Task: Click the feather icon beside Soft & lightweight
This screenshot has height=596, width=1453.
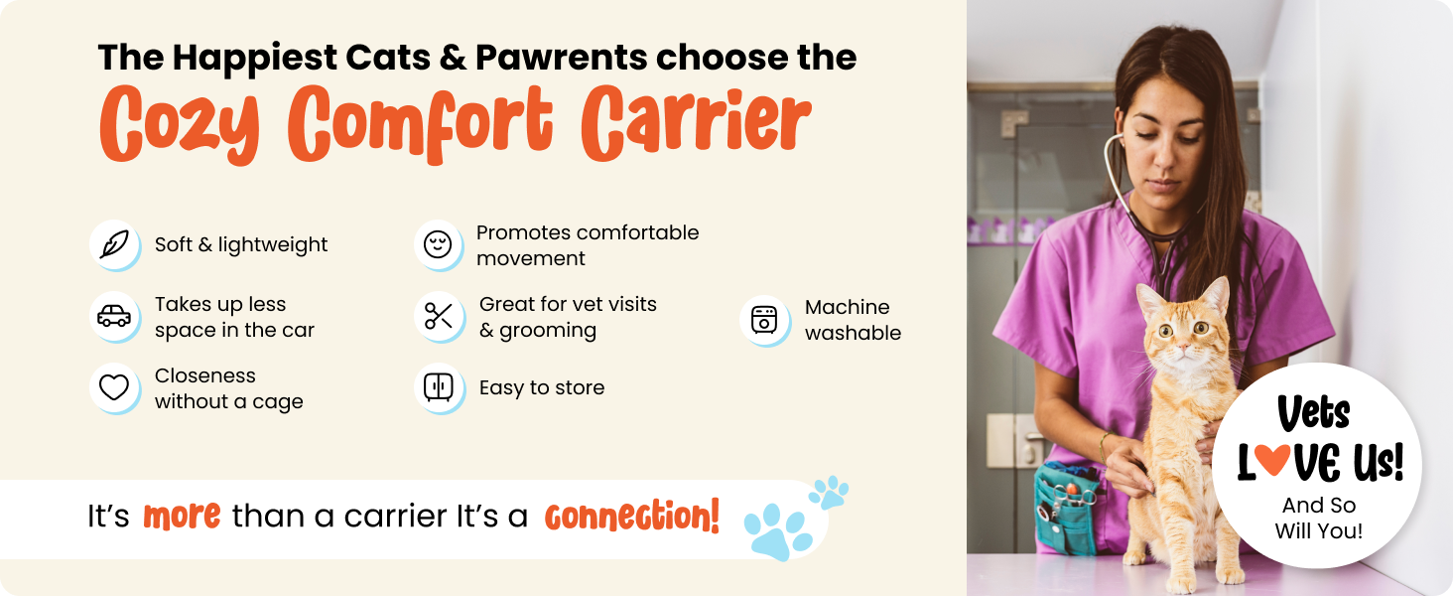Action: [x=115, y=244]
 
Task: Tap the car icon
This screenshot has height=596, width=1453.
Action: [x=115, y=317]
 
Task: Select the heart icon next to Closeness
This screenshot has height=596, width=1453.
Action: [x=115, y=388]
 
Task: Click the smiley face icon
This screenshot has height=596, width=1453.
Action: [x=438, y=244]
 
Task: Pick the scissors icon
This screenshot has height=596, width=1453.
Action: [x=438, y=317]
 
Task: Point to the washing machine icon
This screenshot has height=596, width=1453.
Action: [x=764, y=320]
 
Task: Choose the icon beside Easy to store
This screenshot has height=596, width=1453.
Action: [x=438, y=387]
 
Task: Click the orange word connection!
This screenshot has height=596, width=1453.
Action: [x=631, y=517]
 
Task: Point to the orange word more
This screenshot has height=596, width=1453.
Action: [x=182, y=517]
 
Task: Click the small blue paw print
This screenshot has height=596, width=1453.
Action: [x=829, y=492]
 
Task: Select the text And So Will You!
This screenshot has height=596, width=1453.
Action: [x=1318, y=519]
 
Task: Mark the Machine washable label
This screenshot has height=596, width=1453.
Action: [x=853, y=320]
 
